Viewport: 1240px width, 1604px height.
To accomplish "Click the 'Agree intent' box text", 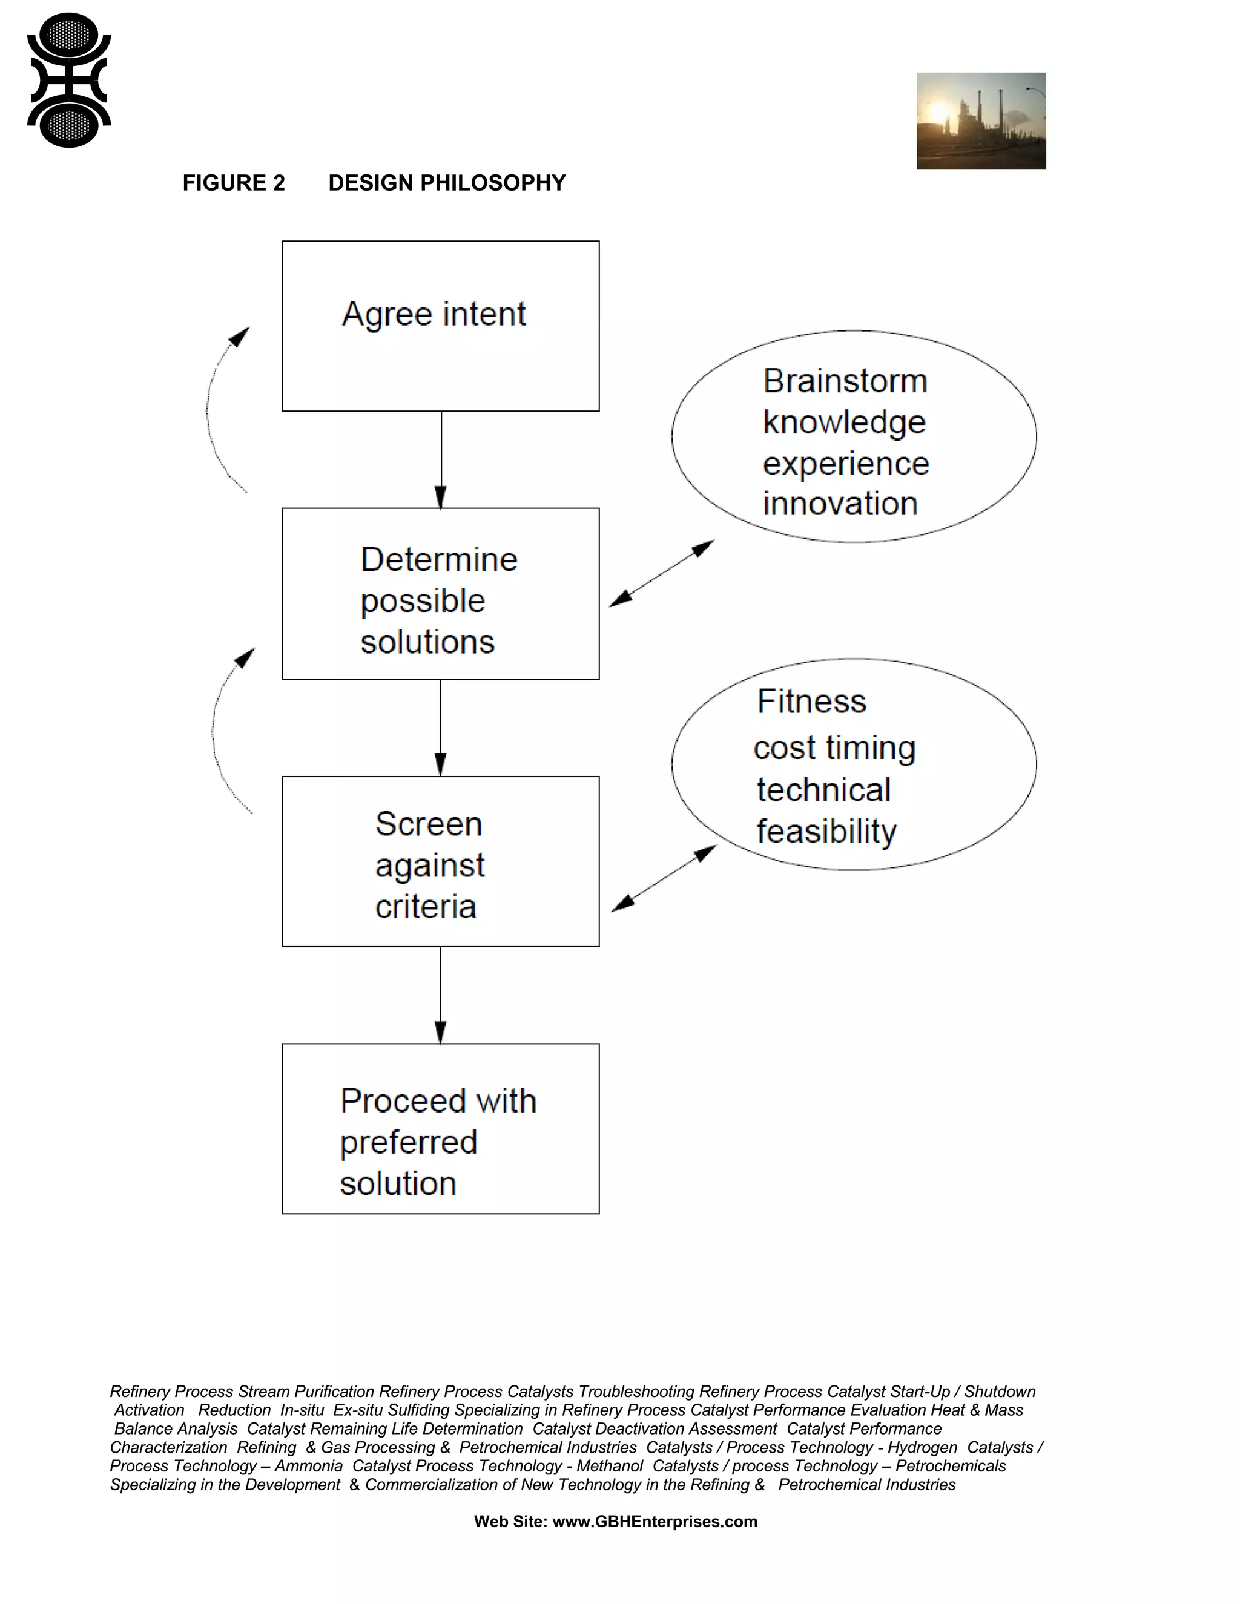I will tap(434, 314).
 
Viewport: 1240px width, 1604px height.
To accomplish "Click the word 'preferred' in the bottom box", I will tap(409, 1143).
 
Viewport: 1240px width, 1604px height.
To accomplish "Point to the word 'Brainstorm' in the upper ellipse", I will tap(845, 381).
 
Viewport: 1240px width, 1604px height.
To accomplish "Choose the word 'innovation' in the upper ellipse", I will tap(840, 504).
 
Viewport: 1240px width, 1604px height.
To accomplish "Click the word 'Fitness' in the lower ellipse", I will tap(812, 702).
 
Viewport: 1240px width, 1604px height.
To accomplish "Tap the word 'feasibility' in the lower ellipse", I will tap(826, 832).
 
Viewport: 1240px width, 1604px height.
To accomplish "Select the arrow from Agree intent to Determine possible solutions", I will tap(441, 459).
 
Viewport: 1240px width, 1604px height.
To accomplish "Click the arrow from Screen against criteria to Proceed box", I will tap(441, 995).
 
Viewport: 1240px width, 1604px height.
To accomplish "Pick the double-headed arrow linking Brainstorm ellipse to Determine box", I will tap(662, 574).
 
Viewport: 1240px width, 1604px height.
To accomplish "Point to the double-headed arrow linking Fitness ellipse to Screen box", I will tap(664, 878).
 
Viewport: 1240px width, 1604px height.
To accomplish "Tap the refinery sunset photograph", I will tap(981, 121).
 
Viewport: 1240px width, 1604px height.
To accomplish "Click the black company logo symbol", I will tap(69, 80).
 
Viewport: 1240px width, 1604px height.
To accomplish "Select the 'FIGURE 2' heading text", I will tap(234, 183).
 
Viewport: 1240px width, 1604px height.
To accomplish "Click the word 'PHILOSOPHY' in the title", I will tap(497, 183).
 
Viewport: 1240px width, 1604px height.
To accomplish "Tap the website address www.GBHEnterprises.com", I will tap(655, 1522).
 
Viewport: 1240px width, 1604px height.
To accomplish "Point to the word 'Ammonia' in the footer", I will tap(309, 1466).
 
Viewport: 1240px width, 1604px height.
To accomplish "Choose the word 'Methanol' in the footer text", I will tap(610, 1466).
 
